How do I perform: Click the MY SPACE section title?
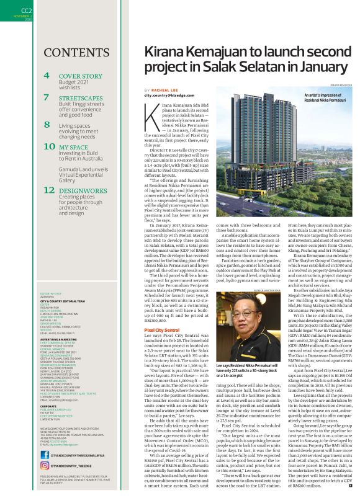tap(73, 147)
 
